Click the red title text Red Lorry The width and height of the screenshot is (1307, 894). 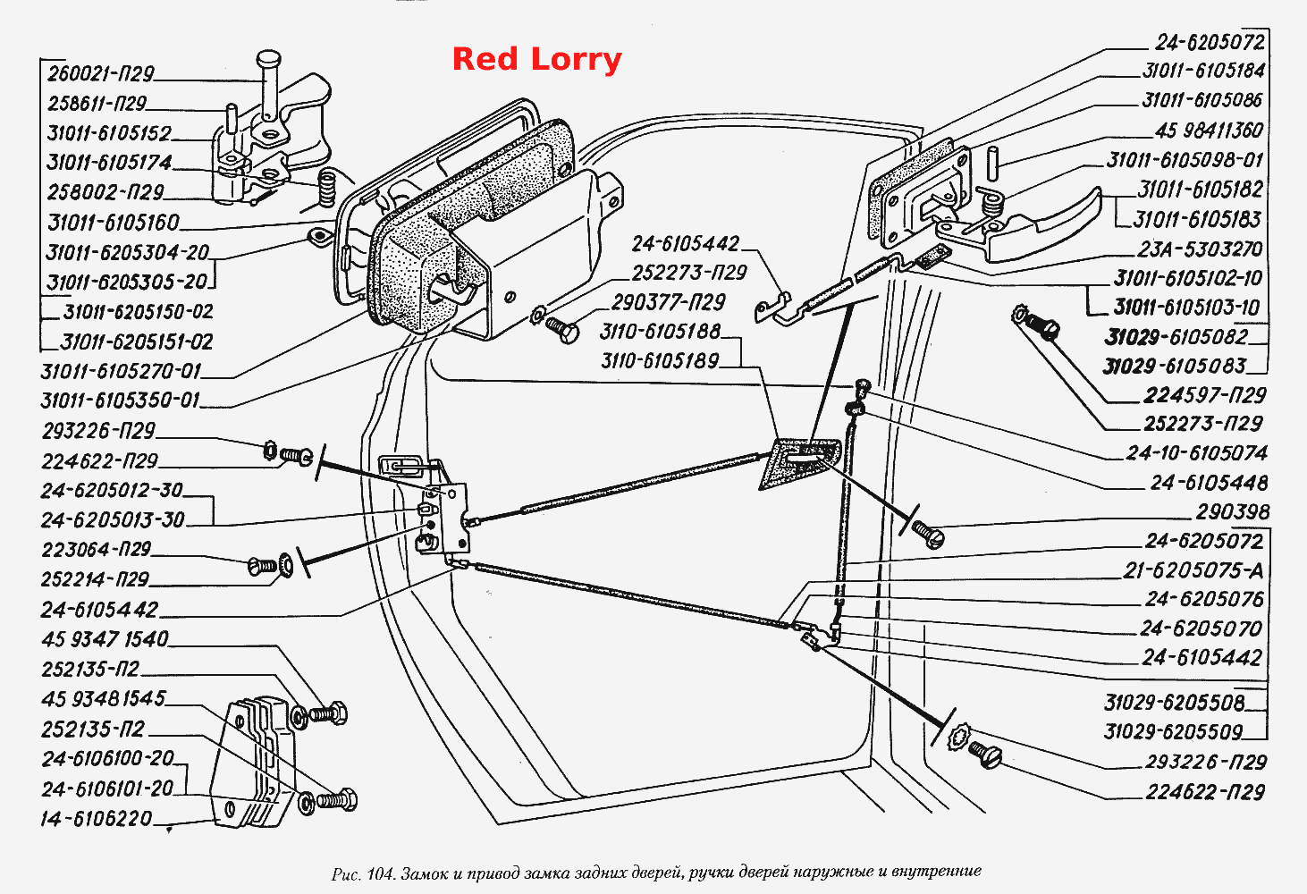pyautogui.click(x=536, y=60)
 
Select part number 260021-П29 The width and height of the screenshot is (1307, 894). pyautogui.click(x=100, y=73)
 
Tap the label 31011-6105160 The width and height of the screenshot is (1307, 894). pyautogui.click(x=114, y=222)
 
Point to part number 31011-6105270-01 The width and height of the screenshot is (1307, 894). pyautogui.click(x=120, y=370)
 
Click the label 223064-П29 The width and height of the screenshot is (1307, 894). pyautogui.click(x=97, y=549)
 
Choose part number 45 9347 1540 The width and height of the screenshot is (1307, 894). pyautogui.click(x=105, y=639)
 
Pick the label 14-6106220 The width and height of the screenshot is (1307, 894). pyautogui.click(x=97, y=819)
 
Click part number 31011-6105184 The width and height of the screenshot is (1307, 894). pyautogui.click(x=1203, y=71)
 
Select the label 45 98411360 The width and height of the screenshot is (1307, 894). pyautogui.click(x=1209, y=130)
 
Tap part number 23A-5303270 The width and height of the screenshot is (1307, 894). pyautogui.click(x=1200, y=249)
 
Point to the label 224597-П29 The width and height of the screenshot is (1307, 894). pyautogui.click(x=1204, y=396)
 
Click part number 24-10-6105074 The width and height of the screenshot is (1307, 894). pyautogui.click(x=1197, y=453)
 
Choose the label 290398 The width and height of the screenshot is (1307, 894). pyautogui.click(x=1232, y=511)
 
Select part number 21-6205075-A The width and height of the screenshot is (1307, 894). pyautogui.click(x=1193, y=570)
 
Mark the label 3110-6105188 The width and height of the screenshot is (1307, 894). pyautogui.click(x=661, y=332)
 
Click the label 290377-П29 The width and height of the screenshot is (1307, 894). pyautogui.click(x=668, y=302)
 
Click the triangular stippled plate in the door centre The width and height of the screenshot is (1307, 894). pyautogui.click(x=798, y=462)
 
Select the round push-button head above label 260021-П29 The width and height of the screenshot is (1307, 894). pyautogui.click(x=268, y=58)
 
